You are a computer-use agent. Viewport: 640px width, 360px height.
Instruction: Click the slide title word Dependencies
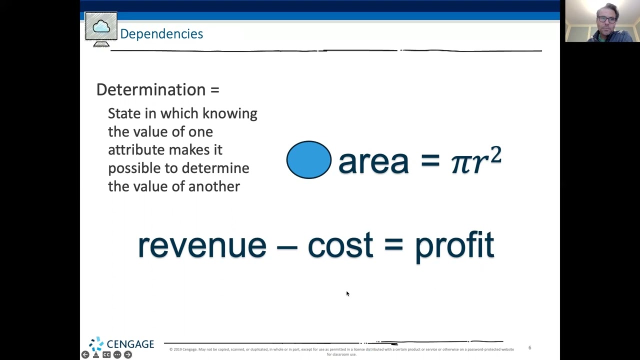[161, 34]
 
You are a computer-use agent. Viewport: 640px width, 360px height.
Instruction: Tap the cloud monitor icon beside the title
[101, 28]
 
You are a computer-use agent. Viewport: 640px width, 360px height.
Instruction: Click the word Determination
[151, 89]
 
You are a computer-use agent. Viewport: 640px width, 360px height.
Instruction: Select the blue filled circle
[308, 160]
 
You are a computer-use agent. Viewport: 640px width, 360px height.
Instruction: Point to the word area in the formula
[373, 161]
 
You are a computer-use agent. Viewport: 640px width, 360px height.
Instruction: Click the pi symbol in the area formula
[460, 162]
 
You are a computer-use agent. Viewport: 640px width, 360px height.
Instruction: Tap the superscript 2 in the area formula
[495, 155]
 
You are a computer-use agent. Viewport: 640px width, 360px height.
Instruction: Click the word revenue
[201, 245]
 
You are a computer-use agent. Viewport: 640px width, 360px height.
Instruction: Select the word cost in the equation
[340, 245]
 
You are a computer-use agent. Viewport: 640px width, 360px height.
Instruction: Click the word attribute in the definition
[136, 150]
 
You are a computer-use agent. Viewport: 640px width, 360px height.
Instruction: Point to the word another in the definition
[214, 186]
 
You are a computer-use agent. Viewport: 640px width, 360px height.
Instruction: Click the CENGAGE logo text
[130, 344]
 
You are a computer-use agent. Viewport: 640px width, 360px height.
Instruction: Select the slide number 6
[529, 347]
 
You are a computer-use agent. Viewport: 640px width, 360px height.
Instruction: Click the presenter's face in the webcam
[606, 20]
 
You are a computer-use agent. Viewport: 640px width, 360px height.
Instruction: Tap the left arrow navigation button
[85, 354]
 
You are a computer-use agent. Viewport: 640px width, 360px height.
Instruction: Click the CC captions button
[106, 354]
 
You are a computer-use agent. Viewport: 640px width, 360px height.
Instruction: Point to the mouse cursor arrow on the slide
[347, 293]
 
